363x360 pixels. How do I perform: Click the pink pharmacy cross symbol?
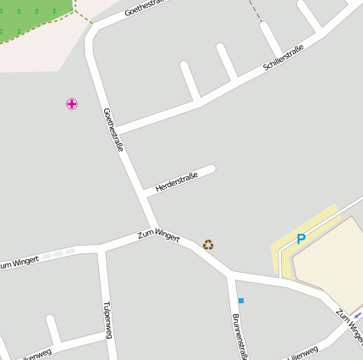pyautogui.click(x=72, y=104)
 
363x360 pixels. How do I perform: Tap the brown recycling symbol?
pyautogui.click(x=208, y=245)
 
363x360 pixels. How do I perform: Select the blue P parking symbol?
pyautogui.click(x=300, y=240)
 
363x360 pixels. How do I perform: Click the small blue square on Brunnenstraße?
pyautogui.click(x=241, y=300)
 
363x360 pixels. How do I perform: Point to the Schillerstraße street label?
pyautogui.click(x=283, y=58)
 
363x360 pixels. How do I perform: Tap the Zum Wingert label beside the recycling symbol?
pyautogui.click(x=159, y=235)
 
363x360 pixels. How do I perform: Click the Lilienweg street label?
pyautogui.click(x=302, y=352)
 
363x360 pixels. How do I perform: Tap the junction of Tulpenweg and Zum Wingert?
pyautogui.click(x=102, y=250)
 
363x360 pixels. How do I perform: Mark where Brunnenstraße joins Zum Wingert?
pyautogui.click(x=231, y=276)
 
